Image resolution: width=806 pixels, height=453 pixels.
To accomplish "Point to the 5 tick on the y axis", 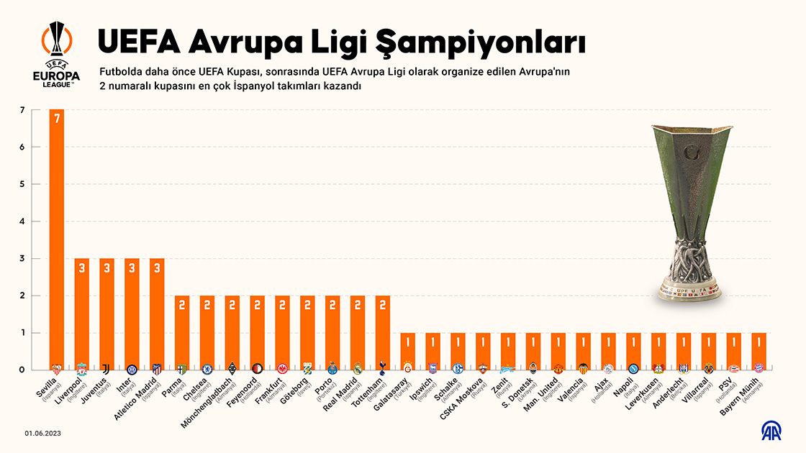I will [22, 184].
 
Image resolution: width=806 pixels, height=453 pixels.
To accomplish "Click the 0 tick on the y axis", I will [22, 370].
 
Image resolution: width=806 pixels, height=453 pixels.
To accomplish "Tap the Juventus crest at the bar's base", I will [107, 368].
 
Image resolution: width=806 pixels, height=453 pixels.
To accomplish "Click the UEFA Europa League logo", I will [56, 54].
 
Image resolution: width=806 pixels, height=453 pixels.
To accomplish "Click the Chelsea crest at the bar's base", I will [207, 368].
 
